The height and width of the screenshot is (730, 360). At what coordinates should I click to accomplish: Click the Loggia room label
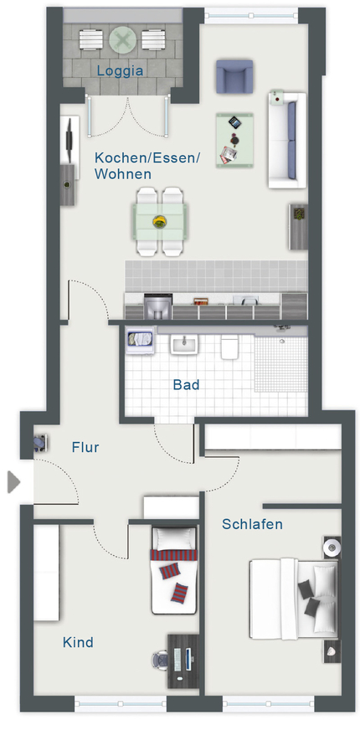click(120, 71)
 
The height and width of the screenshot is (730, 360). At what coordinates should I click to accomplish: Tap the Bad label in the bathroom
click(187, 385)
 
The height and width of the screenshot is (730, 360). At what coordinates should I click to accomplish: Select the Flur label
click(85, 447)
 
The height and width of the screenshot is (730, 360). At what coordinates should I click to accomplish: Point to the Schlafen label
click(252, 524)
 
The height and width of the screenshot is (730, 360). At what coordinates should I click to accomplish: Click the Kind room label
click(78, 642)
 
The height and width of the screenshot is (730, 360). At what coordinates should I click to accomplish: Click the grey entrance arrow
click(13, 482)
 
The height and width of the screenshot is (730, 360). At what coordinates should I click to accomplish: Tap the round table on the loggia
click(123, 39)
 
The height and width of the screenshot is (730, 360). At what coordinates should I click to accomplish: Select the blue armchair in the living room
click(234, 76)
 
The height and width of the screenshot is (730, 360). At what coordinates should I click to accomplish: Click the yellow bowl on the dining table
click(160, 222)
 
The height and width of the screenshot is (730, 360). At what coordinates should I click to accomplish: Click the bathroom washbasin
click(184, 344)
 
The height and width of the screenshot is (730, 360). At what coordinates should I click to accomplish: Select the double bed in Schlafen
click(294, 599)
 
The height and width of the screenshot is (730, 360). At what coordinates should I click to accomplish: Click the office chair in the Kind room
click(160, 660)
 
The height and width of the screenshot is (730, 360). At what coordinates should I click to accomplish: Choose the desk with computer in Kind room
click(183, 660)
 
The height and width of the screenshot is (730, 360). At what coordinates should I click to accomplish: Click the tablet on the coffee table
click(235, 123)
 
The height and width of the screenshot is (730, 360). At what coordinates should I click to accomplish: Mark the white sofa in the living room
click(287, 140)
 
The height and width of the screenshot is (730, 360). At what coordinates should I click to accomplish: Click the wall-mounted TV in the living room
click(69, 140)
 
